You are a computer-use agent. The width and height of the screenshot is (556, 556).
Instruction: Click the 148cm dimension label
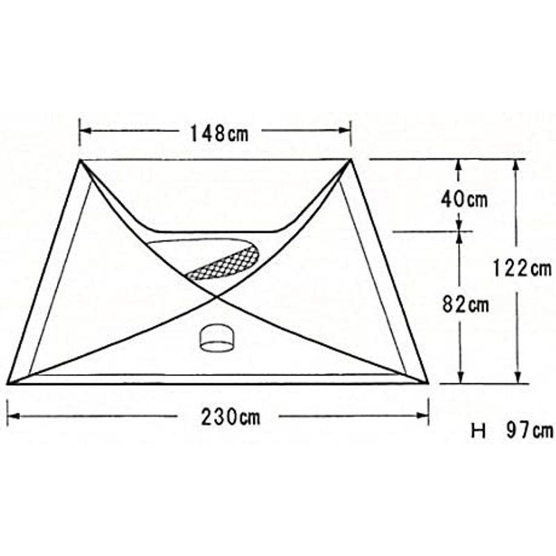tap(219, 133)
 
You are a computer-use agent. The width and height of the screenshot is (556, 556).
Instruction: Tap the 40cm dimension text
tap(464, 200)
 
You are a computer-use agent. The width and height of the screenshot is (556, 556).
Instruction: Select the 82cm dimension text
tap(464, 304)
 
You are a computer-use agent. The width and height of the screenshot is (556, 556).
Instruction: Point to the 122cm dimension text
tap(521, 268)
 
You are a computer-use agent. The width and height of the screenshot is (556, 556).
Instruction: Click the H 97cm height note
tap(512, 431)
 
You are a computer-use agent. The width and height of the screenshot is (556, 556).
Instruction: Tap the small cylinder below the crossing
tap(218, 338)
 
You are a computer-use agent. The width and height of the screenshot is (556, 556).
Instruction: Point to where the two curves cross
tap(217, 297)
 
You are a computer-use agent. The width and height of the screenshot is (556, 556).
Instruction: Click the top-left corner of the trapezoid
tap(81, 160)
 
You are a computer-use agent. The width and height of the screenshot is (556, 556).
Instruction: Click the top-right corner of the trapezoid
tap(350, 160)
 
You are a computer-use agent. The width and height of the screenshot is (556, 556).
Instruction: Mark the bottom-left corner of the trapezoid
tap(8, 383)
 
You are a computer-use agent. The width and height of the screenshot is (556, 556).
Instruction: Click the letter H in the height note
tap(478, 431)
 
